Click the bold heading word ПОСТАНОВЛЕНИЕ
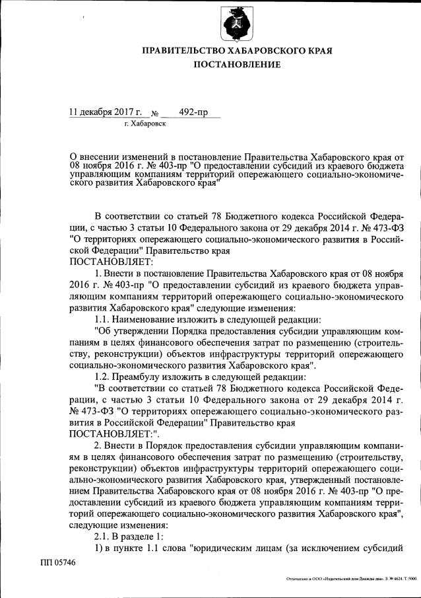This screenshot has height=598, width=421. pyautogui.click(x=237, y=64)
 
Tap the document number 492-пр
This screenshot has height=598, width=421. pyautogui.click(x=192, y=112)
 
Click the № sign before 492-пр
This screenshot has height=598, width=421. pyautogui.click(x=156, y=113)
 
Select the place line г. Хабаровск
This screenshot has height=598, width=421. pyautogui.click(x=145, y=124)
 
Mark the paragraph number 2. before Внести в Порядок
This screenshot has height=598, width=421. pyautogui.click(x=98, y=445)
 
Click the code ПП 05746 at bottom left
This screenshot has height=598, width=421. pyautogui.click(x=57, y=562)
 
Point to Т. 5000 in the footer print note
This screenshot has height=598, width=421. pyautogui.click(x=409, y=579)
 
